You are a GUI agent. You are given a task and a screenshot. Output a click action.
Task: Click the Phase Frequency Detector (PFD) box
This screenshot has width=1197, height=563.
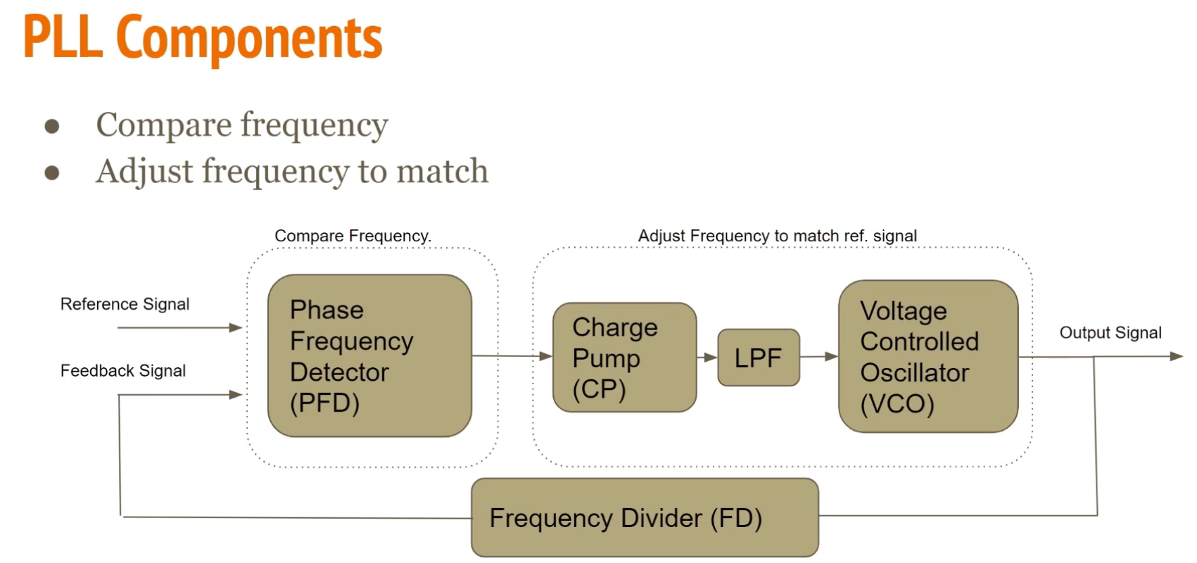tap(369, 355)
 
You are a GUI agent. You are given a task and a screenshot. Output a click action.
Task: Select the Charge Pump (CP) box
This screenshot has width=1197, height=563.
tap(624, 358)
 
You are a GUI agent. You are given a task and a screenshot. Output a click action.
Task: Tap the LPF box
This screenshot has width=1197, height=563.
tap(759, 358)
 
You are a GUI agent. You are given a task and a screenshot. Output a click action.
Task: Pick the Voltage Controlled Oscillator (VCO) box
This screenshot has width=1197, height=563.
tap(927, 356)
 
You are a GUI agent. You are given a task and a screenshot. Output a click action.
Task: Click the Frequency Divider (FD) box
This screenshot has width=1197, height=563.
tap(645, 518)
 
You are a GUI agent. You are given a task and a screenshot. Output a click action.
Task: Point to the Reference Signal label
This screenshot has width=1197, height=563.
tap(125, 304)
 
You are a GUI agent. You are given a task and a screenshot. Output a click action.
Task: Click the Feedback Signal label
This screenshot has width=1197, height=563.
tap(123, 371)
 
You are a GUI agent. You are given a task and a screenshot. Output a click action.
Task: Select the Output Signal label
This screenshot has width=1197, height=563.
tap(1110, 333)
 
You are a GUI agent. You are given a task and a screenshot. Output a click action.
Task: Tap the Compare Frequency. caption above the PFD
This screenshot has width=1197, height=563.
tap(353, 236)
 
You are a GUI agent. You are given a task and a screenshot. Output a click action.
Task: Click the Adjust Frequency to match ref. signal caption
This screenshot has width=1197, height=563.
tap(777, 236)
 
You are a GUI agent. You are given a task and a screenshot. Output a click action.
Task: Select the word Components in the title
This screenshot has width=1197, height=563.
tap(249, 39)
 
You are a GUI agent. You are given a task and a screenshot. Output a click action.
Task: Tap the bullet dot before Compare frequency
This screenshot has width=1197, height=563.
tap(51, 127)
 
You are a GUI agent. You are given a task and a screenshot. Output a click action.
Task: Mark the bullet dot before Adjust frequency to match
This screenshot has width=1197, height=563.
tap(51, 173)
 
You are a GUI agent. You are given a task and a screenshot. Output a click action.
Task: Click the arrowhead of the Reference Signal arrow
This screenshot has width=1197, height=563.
tap(236, 327)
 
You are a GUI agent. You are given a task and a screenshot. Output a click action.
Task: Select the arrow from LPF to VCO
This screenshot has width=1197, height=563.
tap(818, 357)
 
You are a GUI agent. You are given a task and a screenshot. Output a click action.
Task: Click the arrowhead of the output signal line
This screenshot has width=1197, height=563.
tap(1176, 357)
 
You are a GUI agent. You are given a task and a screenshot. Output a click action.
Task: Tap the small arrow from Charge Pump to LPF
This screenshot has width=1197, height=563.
tap(707, 358)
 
